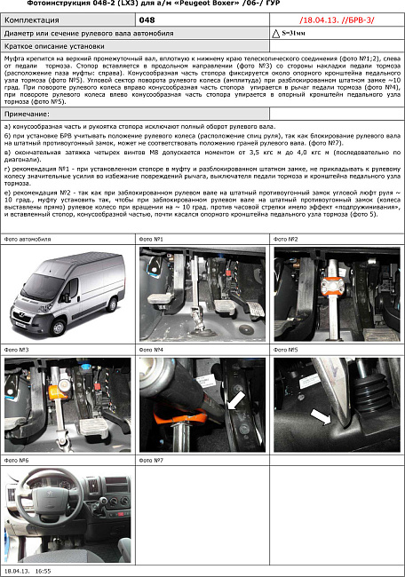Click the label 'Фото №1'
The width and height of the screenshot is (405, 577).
(152, 240)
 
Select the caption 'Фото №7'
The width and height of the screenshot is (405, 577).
(152, 461)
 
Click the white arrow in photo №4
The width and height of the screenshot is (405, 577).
(236, 402)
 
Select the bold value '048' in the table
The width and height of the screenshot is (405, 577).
(147, 19)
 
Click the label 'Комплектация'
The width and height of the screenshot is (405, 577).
(32, 19)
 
